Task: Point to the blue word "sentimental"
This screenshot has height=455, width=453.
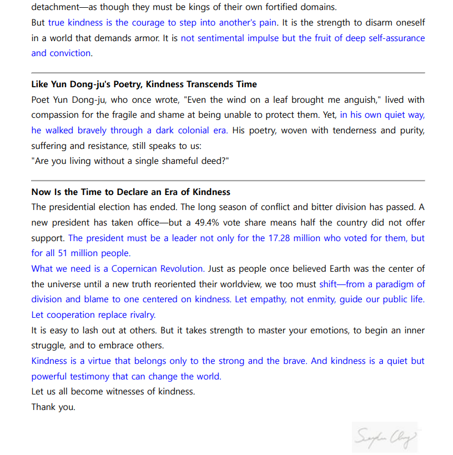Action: (x=221, y=38)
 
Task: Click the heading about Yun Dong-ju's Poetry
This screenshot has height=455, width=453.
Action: (x=144, y=84)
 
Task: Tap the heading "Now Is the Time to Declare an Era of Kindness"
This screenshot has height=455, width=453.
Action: (x=130, y=192)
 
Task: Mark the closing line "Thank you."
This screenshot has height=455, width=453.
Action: (x=53, y=407)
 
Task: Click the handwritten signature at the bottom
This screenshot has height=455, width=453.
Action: (x=384, y=437)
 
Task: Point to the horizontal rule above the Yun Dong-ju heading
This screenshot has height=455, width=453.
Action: (x=228, y=73)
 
